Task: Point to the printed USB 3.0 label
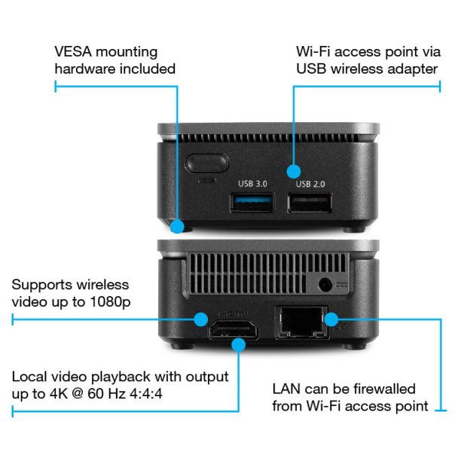tap(252, 183)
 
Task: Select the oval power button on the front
tap(207, 163)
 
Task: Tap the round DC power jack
tap(325, 285)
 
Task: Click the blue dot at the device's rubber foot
tap(177, 225)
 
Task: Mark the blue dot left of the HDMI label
tap(200, 319)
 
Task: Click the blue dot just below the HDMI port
tap(240, 344)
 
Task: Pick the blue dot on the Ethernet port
tap(330, 319)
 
